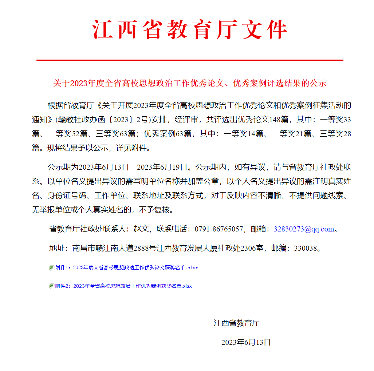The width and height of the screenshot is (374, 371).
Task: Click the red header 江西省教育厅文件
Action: pos(190,30)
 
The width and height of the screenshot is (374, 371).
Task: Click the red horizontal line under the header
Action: pos(190,60)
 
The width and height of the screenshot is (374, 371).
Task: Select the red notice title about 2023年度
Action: pos(190,83)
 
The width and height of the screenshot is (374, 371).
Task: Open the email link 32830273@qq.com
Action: pos(304,229)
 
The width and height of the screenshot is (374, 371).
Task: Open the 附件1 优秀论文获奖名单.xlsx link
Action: pos(126,268)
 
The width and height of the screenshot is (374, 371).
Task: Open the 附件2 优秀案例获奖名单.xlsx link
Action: pos(123,286)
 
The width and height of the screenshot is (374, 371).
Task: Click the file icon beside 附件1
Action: pos(52,268)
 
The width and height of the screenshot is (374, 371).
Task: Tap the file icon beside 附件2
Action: pos(52,286)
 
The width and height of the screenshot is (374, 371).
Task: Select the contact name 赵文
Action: pos(141,229)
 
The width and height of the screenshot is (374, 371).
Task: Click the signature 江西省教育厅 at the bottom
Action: pos(236,323)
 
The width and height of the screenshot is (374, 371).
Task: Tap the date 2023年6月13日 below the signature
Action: pos(246,342)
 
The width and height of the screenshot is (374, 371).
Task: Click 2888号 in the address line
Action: pos(145,249)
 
